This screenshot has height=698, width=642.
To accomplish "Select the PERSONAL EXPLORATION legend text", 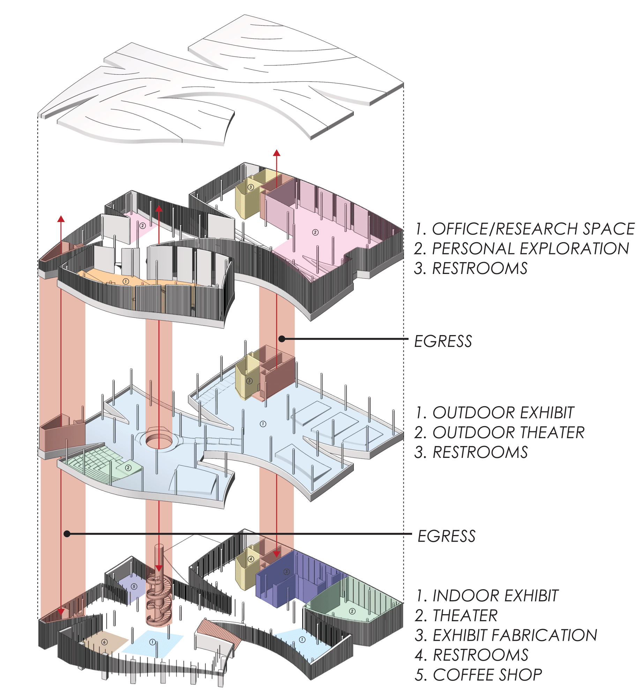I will pyautogui.click(x=522, y=249).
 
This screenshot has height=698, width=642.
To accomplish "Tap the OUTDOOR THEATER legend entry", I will pyautogui.click(x=499, y=433).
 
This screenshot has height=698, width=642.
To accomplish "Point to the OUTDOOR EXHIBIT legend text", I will pyautogui.click(x=494, y=413).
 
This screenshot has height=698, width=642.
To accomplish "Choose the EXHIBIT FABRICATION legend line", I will pyautogui.click(x=506, y=635).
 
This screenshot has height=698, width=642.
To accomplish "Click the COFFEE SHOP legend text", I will pyautogui.click(x=478, y=675).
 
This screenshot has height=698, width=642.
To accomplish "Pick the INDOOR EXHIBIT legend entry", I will pyautogui.click(x=487, y=596).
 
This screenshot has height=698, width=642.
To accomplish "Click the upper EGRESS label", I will pyautogui.click(x=443, y=341).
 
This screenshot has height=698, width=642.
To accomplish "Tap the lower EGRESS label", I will pyautogui.click(x=447, y=536).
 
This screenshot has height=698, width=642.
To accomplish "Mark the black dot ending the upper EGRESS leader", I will pyautogui.click(x=282, y=339).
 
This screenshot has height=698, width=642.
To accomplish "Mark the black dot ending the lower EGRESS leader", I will pyautogui.click(x=67, y=534).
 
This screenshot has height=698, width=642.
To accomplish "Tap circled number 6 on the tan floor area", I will pyautogui.click(x=104, y=642).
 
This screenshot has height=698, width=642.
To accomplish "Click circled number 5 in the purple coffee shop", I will pyautogui.click(x=134, y=586).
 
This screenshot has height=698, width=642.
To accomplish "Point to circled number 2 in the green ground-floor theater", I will pyautogui.click(x=352, y=611).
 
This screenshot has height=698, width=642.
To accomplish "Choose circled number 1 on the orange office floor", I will pyautogui.click(x=126, y=281).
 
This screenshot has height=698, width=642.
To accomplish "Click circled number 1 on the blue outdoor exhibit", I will pyautogui.click(x=263, y=424).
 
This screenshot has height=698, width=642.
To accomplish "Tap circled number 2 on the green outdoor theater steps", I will pyautogui.click(x=128, y=468).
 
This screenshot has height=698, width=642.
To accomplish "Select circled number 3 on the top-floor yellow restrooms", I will pyautogui.click(x=251, y=187).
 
